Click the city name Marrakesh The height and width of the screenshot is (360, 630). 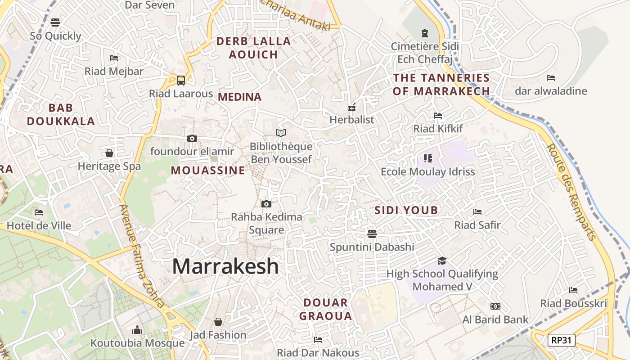click(x=225, y=266)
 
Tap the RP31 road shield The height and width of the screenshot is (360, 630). click(x=561, y=340)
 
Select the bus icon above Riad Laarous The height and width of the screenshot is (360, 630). click(x=180, y=81)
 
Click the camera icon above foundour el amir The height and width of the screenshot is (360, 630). click(x=192, y=138)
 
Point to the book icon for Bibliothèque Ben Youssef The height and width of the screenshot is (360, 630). click(x=281, y=133)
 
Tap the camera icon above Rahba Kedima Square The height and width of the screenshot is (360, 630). click(x=266, y=204)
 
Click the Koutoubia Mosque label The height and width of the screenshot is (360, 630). click(x=137, y=343)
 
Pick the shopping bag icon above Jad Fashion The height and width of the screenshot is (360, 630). click(x=218, y=322)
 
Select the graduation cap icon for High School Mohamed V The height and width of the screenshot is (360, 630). click(x=442, y=261)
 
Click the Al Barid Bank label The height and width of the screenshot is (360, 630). click(x=495, y=320)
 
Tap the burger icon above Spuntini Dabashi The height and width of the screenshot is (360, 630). click(x=372, y=234)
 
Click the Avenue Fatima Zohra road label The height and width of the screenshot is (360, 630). click(x=142, y=256)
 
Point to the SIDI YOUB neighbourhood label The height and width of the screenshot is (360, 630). click(x=406, y=210)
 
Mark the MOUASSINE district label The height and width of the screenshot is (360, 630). click(x=208, y=171)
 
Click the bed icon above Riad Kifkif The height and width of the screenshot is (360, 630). click(x=438, y=116)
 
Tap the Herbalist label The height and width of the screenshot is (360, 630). click(x=352, y=120)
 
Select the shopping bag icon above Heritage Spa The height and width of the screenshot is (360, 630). click(x=109, y=153)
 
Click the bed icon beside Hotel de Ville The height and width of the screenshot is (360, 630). click(x=39, y=212)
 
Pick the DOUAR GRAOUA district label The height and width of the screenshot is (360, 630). click(x=326, y=309)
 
